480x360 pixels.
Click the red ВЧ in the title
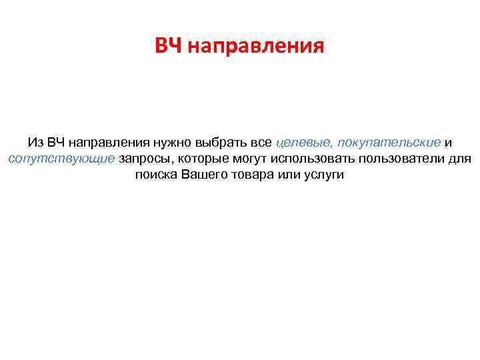click(x=169, y=47)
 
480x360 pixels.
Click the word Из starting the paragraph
click(x=35, y=143)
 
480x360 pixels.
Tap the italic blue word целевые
click(x=303, y=143)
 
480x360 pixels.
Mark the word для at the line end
click(x=461, y=159)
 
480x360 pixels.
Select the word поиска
click(x=156, y=175)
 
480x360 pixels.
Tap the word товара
click(x=253, y=175)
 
